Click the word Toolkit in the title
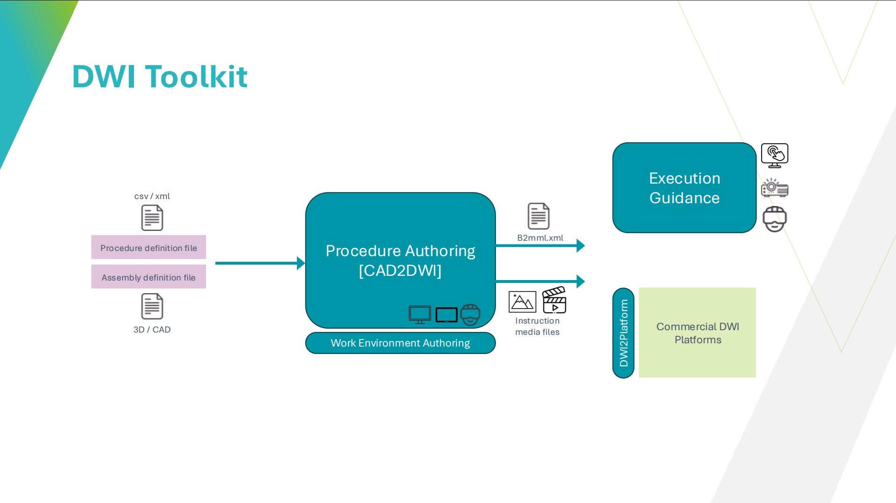196,76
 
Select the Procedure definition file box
148,247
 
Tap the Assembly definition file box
148,277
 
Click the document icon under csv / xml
152,218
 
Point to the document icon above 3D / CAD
152,306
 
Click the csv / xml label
152,196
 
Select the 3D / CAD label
152,330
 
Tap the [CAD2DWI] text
400,271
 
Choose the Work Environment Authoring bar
400,343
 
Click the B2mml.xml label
540,238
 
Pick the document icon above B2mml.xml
539,216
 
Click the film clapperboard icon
554,300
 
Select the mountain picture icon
522,302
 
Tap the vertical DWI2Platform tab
623,333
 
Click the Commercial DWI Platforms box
697,333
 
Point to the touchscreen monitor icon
775,155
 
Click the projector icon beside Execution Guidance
775,188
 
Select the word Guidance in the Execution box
684,198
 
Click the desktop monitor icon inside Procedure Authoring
420,315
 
